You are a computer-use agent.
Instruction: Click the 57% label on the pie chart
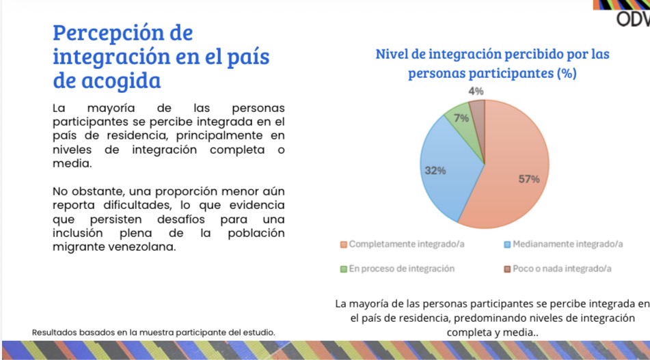pyautogui.click(x=528, y=180)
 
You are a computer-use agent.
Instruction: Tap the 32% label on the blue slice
pyautogui.click(x=435, y=170)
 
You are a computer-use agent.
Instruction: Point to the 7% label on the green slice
pyautogui.click(x=461, y=118)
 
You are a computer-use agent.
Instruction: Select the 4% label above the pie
pyautogui.click(x=476, y=91)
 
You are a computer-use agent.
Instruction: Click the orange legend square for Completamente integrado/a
pyautogui.click(x=344, y=244)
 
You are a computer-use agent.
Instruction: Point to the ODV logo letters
pyautogui.click(x=632, y=20)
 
